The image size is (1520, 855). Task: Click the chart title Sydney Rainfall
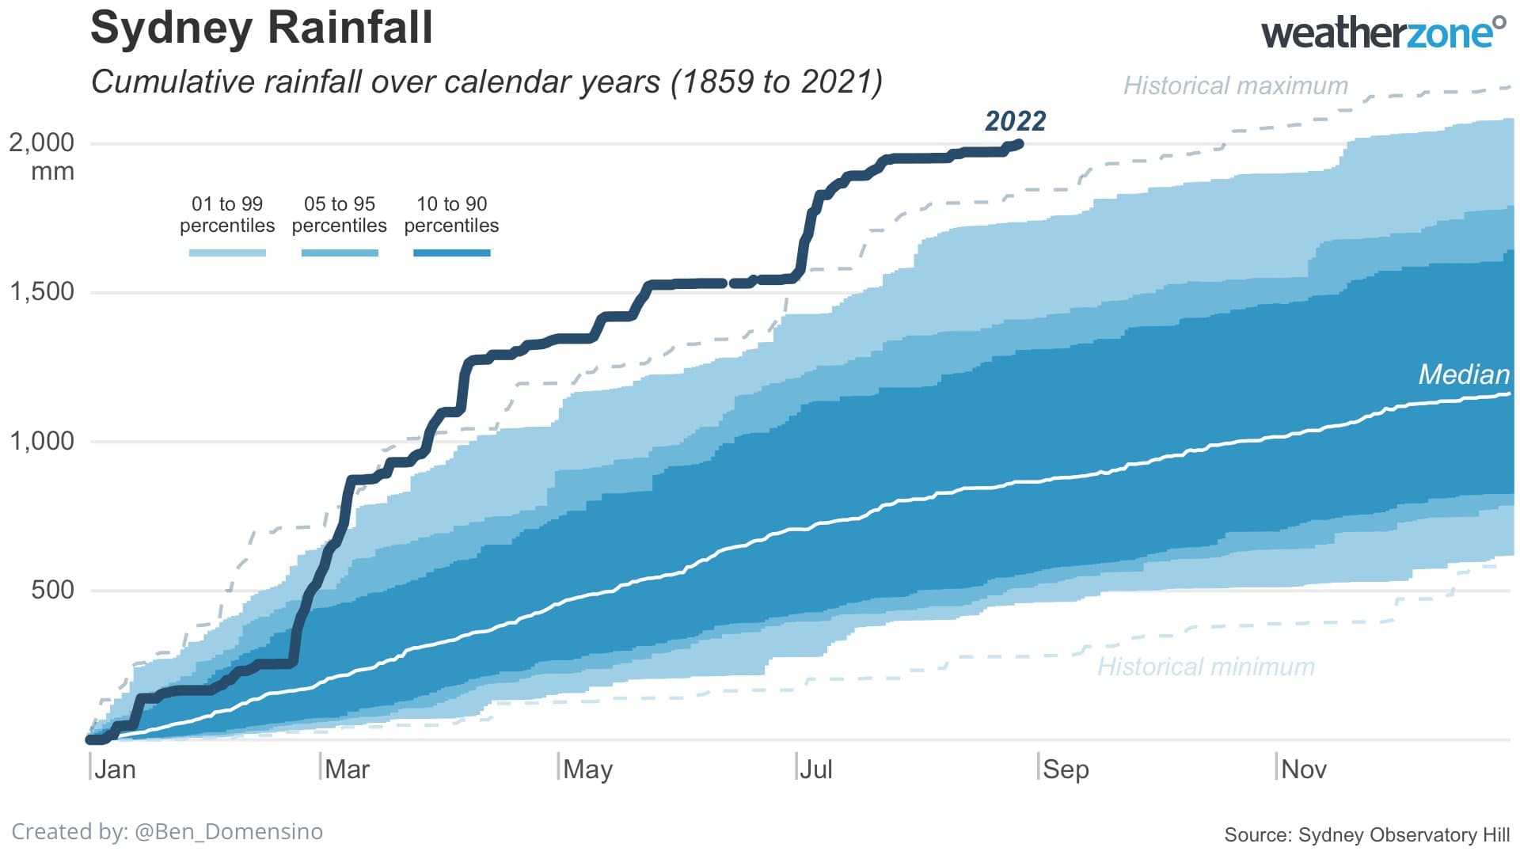(x=261, y=28)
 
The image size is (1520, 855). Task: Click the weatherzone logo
(x=1382, y=33)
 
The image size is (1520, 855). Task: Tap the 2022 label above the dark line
(x=1015, y=121)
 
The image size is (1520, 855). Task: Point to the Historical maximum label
(x=1235, y=85)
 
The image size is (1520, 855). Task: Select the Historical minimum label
(x=1205, y=667)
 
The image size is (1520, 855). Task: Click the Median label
(x=1463, y=374)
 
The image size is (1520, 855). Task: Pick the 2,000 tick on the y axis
(x=41, y=142)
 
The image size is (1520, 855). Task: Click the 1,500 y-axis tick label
(x=41, y=291)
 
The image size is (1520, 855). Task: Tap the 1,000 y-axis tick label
(x=41, y=441)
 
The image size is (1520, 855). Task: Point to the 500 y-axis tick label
(x=52, y=590)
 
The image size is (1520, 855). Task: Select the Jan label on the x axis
(x=115, y=769)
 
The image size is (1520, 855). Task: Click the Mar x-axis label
(x=347, y=769)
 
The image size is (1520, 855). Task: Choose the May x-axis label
(x=587, y=769)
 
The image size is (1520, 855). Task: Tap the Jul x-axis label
(x=815, y=769)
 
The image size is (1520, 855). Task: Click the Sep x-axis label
(x=1066, y=769)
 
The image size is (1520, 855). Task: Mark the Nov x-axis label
(x=1303, y=769)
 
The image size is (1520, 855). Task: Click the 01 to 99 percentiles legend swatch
(x=227, y=253)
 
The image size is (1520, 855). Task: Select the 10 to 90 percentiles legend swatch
(x=451, y=253)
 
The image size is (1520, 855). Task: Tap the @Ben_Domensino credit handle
(x=229, y=832)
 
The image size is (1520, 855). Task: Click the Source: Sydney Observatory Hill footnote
(x=1366, y=835)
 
